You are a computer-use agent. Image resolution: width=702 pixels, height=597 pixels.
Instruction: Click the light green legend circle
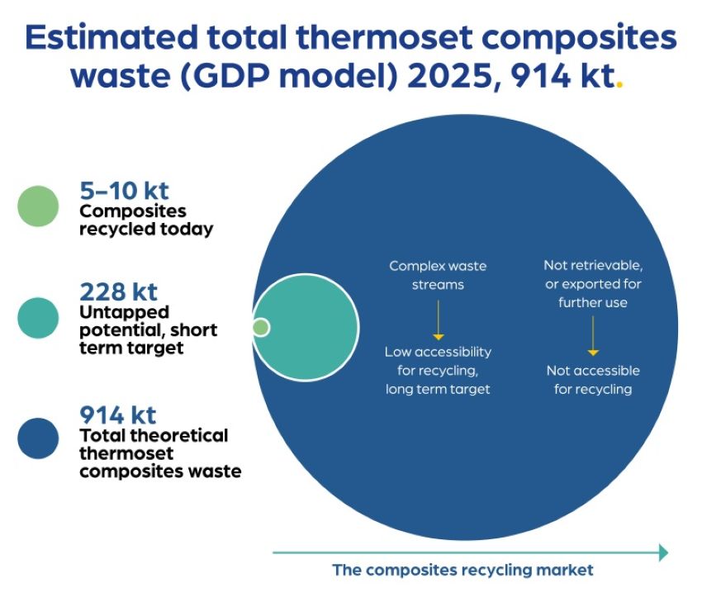(38, 206)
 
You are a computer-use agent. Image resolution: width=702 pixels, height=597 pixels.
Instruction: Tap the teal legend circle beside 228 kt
(38, 318)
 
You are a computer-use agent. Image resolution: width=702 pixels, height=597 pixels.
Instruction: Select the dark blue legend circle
(38, 438)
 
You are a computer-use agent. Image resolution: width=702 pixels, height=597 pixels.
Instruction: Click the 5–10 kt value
(124, 191)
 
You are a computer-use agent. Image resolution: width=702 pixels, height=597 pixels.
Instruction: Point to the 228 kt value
(118, 292)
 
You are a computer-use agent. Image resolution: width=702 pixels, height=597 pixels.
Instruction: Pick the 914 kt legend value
(118, 415)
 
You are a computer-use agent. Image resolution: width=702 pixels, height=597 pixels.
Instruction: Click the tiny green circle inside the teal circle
(260, 327)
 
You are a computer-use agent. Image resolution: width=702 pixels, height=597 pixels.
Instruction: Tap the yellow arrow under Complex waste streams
(439, 320)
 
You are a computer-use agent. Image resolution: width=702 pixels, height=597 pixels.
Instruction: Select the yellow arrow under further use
(593, 335)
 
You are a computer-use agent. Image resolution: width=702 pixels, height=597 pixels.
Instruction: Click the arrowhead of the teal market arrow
(664, 552)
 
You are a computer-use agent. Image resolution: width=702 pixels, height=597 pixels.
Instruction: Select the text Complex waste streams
(438, 275)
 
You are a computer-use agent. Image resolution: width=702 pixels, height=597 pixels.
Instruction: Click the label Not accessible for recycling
(593, 380)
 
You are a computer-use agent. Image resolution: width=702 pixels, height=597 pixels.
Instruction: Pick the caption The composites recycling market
(463, 570)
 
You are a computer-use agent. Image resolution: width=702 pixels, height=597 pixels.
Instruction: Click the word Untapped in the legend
(125, 313)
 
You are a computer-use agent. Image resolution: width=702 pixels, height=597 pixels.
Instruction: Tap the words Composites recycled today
(146, 220)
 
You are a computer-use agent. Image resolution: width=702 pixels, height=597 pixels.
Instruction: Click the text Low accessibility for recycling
(438, 361)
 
